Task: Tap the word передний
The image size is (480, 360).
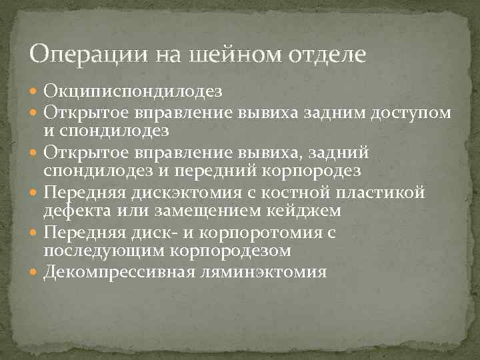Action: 219,171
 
